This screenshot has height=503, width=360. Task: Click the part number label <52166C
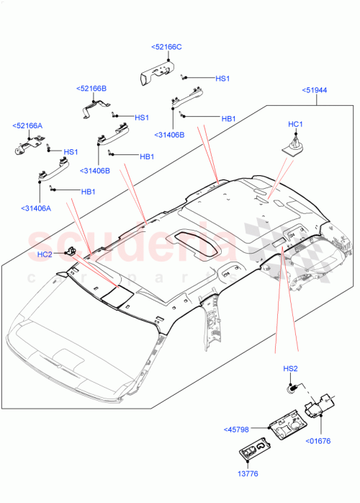point(166,47)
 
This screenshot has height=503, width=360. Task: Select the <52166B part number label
point(91,89)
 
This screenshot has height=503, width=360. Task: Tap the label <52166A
point(27,125)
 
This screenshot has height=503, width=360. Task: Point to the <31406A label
point(36,208)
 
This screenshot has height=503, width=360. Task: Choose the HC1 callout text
point(295,125)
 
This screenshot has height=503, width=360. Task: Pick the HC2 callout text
point(45,254)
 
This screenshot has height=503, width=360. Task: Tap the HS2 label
point(289,369)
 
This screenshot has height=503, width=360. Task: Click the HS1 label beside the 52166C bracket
point(222,79)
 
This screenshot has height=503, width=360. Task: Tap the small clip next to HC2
point(71,250)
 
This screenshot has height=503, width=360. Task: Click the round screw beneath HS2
point(292,389)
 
